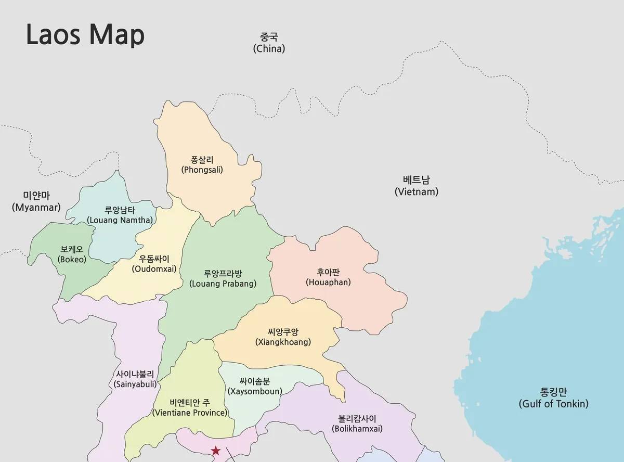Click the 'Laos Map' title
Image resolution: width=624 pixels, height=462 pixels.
pyautogui.click(x=85, y=35)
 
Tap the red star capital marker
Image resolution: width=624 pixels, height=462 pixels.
pyautogui.click(x=215, y=451)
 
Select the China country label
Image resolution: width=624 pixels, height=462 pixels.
pyautogui.click(x=269, y=43)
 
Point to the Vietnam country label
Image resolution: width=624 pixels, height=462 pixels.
pyautogui.click(x=416, y=186)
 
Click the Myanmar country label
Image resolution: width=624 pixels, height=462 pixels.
pyautogui.click(x=36, y=201)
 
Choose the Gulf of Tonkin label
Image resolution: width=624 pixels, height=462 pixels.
pyautogui.click(x=553, y=398)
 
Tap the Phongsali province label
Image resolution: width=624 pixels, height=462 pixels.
pyautogui.click(x=202, y=164)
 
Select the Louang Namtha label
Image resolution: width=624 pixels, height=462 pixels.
pyautogui.click(x=120, y=215)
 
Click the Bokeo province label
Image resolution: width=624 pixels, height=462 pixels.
pyautogui.click(x=72, y=254)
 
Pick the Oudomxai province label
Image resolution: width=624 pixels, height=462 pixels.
pyautogui.click(x=154, y=264)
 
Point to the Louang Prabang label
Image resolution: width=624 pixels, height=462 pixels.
pyautogui.click(x=223, y=278)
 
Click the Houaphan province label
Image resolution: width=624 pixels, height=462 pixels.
pyautogui.click(x=328, y=277)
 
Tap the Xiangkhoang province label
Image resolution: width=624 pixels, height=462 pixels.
pyautogui.click(x=283, y=337)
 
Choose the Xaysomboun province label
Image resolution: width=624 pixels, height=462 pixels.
pyautogui.click(x=255, y=386)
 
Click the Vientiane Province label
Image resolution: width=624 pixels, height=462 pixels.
pyautogui.click(x=190, y=407)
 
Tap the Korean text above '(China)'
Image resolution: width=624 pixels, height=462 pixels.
pyautogui.click(x=269, y=37)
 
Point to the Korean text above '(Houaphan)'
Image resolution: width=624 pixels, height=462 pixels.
pyautogui.click(x=328, y=272)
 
